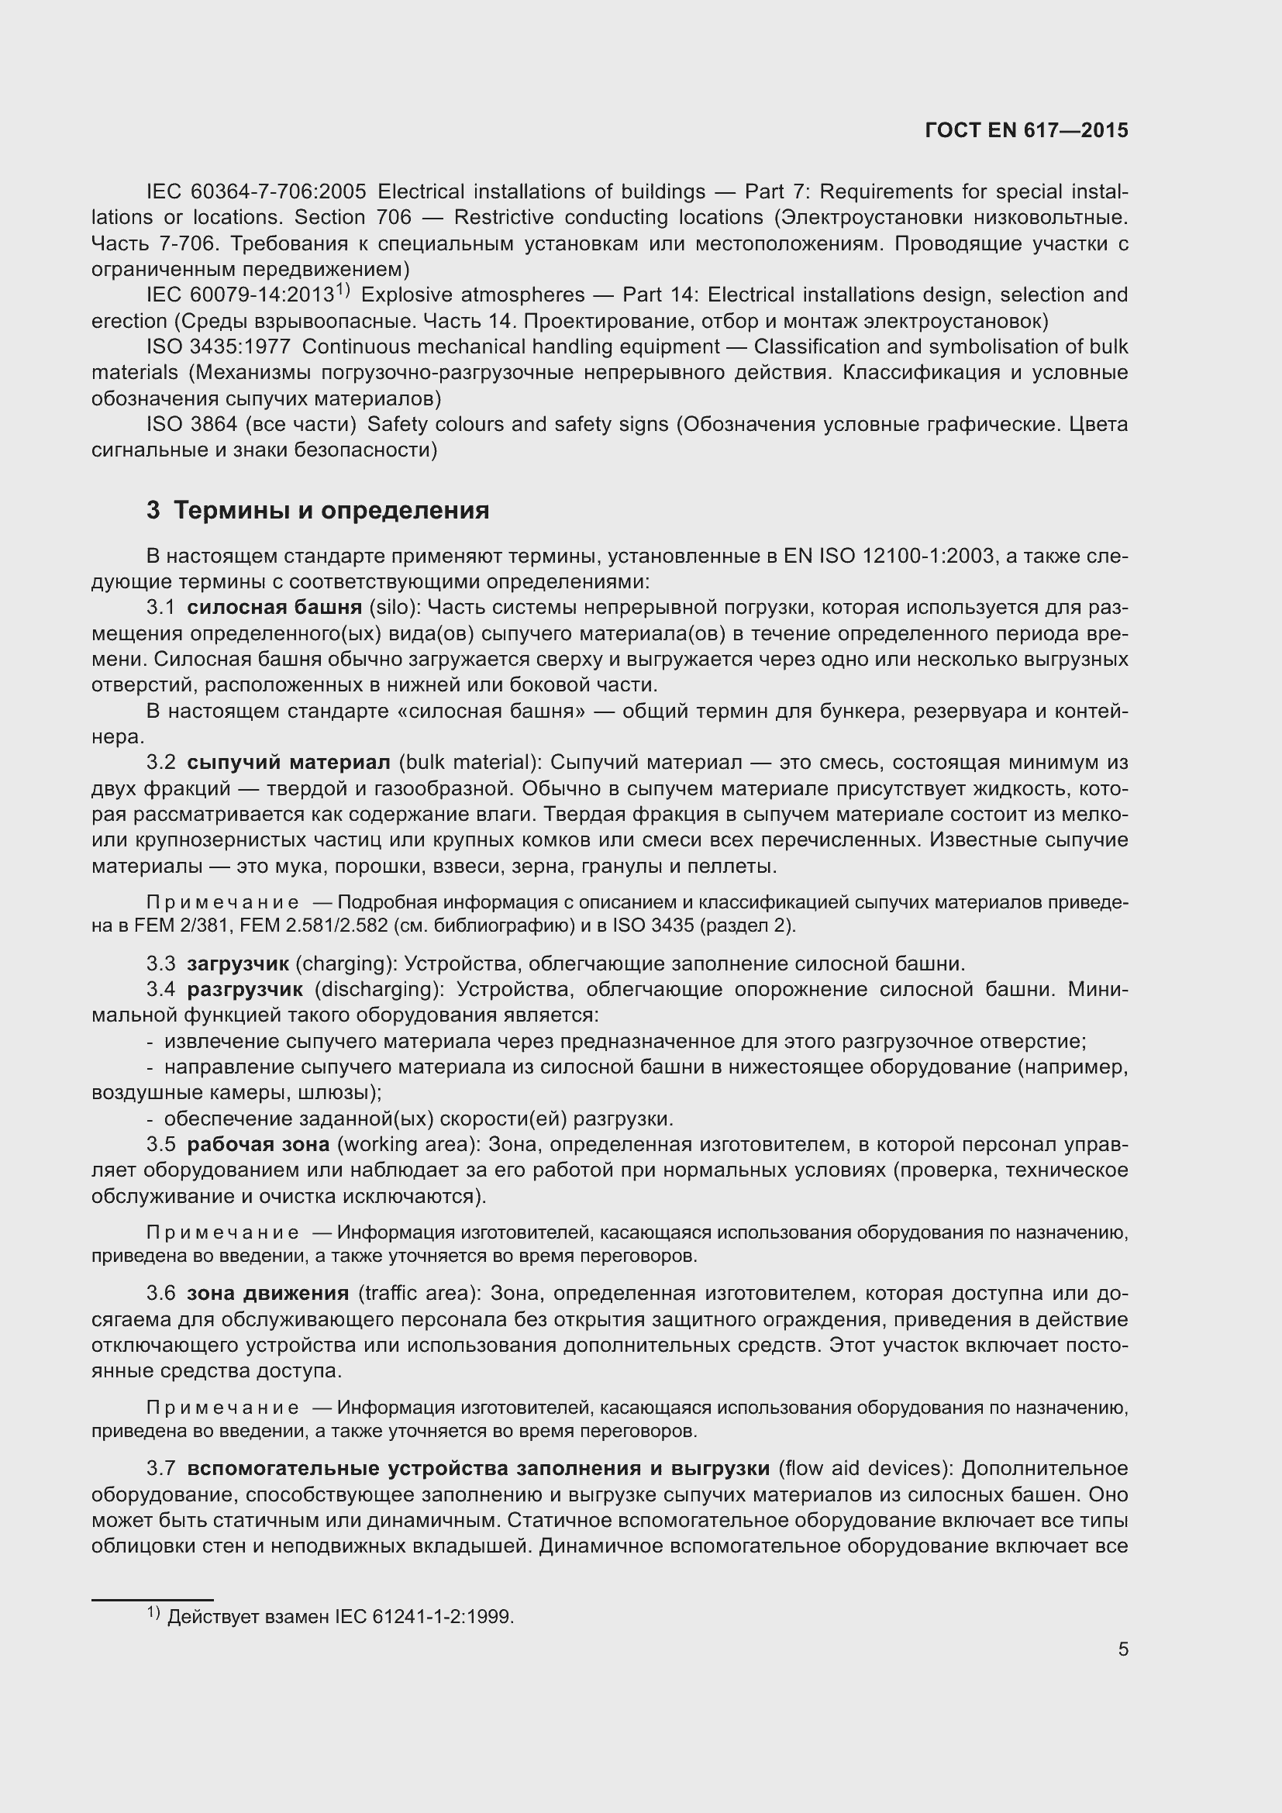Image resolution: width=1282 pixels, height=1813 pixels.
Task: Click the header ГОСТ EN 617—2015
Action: tap(1026, 130)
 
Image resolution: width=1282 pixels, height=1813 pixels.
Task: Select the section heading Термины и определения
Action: tap(331, 511)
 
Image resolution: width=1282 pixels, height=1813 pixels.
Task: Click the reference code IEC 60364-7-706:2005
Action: tap(257, 192)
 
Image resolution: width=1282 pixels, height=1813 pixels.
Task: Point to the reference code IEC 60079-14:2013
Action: tap(240, 295)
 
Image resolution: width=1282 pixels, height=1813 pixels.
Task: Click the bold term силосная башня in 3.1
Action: tap(274, 607)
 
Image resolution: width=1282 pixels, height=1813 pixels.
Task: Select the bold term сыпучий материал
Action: tap(288, 762)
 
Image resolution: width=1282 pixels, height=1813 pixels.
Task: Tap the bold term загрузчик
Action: tap(238, 963)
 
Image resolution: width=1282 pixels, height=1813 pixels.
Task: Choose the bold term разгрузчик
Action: tap(245, 989)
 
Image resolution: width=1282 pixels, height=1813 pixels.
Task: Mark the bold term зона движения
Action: tap(267, 1294)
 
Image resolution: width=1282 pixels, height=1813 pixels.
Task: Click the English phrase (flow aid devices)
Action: tap(867, 1468)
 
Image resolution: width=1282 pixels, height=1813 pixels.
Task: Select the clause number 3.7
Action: tap(161, 1468)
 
